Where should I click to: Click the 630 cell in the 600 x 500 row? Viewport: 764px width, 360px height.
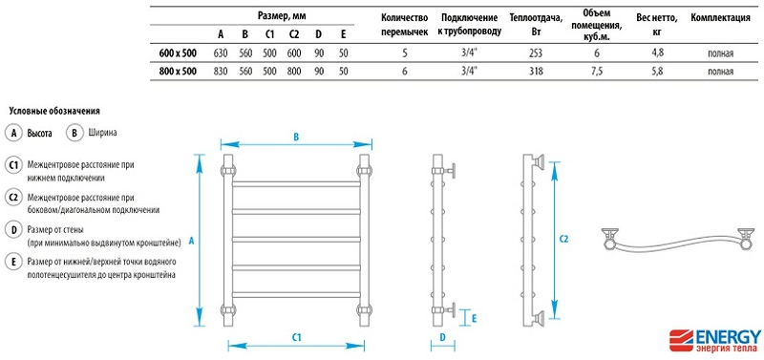pyautogui.click(x=220, y=54)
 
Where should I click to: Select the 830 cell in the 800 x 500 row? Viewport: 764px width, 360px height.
pyautogui.click(x=220, y=72)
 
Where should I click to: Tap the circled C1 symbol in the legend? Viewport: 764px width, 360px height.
pyautogui.click(x=13, y=165)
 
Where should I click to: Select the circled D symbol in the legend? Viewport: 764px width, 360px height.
pyautogui.click(x=13, y=229)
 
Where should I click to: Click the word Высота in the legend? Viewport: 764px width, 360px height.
pyautogui.click(x=39, y=134)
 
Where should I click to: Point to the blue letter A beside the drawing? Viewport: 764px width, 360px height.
pyautogui.click(x=191, y=243)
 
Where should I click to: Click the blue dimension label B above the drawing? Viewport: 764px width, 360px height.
pyautogui.click(x=296, y=138)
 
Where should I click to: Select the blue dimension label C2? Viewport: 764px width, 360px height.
pyautogui.click(x=563, y=239)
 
